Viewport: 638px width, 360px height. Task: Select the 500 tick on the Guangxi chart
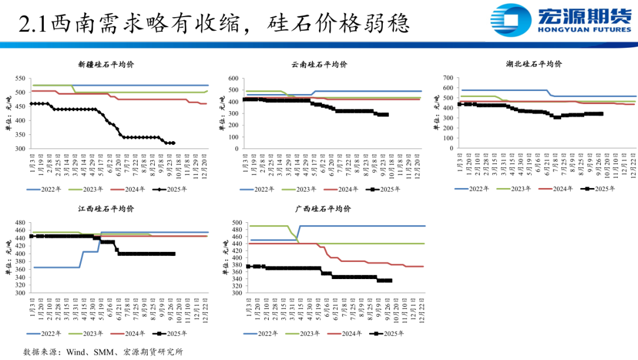click(236, 223)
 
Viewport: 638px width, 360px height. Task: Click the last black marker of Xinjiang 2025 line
click(173, 143)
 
